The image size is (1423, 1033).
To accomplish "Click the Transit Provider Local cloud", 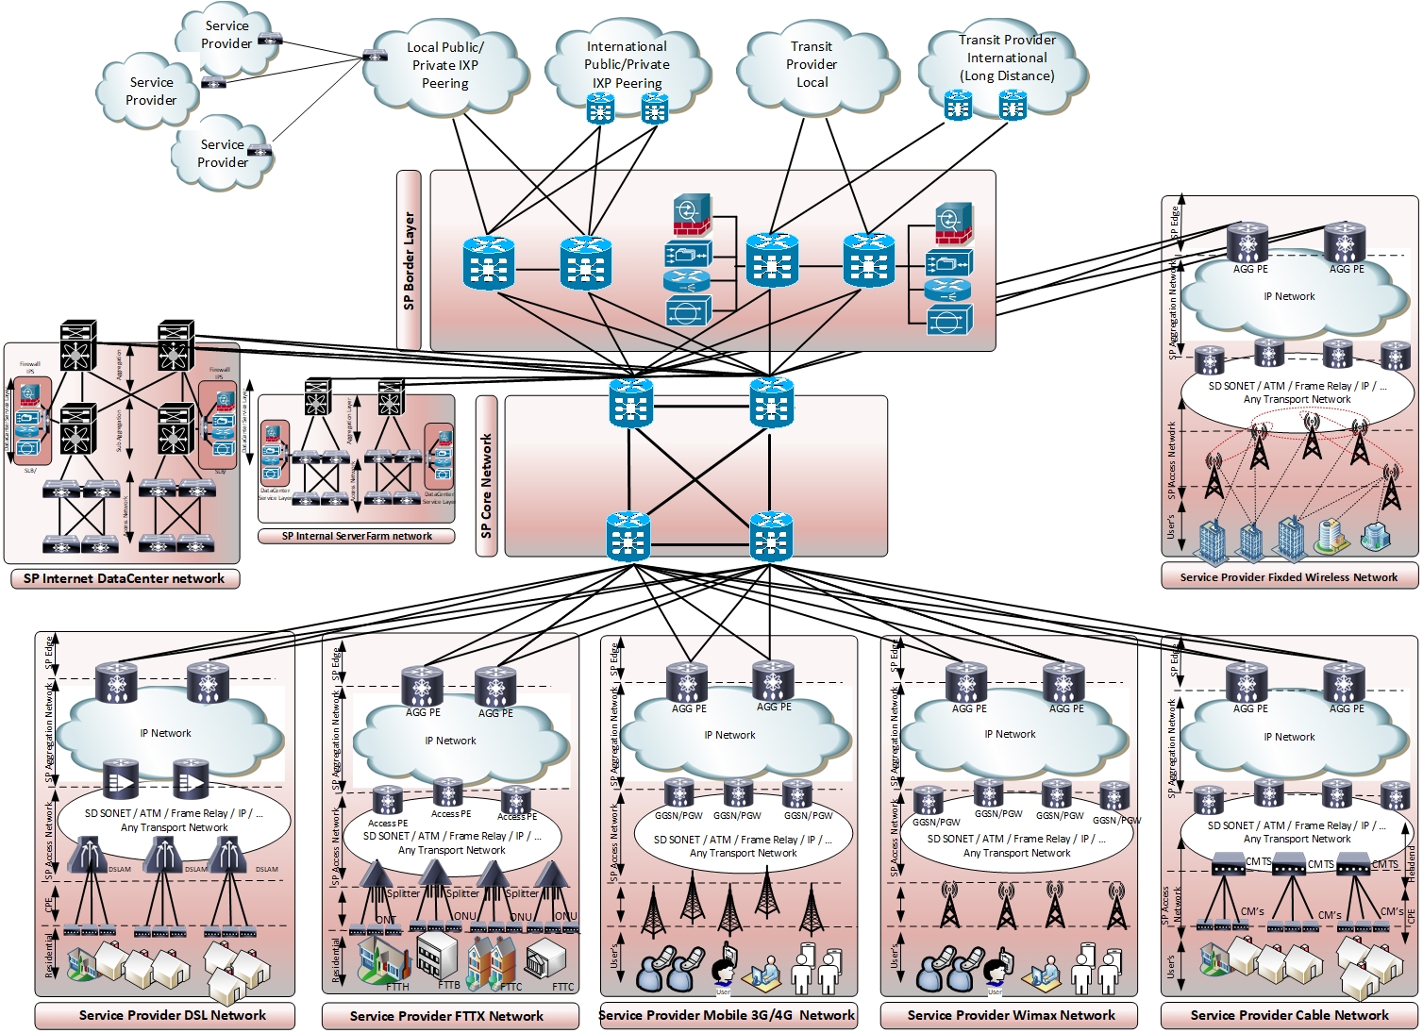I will (x=812, y=64).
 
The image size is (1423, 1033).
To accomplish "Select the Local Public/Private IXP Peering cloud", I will (x=444, y=65).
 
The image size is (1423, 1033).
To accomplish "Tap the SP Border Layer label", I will (x=409, y=260).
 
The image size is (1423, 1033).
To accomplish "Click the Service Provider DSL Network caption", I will (x=172, y=1015).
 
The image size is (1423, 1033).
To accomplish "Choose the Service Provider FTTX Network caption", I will (x=446, y=1016).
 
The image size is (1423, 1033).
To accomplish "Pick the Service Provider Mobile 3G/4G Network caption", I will (x=727, y=1015).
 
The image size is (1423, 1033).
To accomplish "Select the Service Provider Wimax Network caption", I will (x=1011, y=1015).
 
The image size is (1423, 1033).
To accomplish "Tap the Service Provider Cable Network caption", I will (x=1289, y=1015).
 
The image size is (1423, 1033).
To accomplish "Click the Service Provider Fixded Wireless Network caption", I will (x=1288, y=577).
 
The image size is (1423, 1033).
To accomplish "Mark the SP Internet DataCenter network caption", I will (x=124, y=578).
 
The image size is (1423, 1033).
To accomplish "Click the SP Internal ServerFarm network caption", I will (x=357, y=536).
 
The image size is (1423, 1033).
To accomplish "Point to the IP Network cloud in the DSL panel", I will (x=166, y=733).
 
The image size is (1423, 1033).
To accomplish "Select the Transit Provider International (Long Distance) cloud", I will (x=1007, y=58).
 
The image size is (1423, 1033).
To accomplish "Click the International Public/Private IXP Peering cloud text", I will (x=627, y=64).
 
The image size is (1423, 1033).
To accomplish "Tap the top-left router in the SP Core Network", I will (x=630, y=402).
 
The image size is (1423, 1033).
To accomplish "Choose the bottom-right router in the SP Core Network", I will (x=771, y=536).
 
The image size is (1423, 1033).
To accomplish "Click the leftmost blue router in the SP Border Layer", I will (x=489, y=263).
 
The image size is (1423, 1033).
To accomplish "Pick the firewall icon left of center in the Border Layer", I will (x=692, y=215).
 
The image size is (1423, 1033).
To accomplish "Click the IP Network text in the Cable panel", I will (x=1289, y=737).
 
